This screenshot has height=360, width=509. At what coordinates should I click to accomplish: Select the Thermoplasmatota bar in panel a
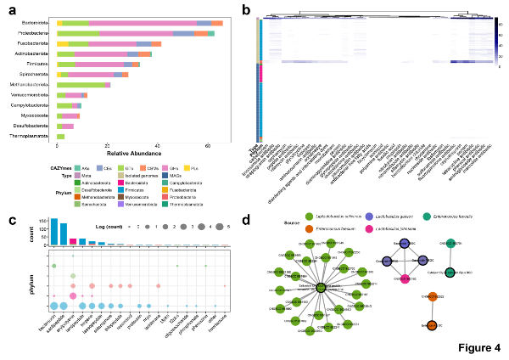click(60, 136)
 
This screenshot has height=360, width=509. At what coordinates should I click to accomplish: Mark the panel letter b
click(245, 9)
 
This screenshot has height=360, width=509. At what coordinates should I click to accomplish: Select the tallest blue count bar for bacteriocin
click(54, 231)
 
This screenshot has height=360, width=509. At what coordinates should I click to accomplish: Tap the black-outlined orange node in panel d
click(432, 325)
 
